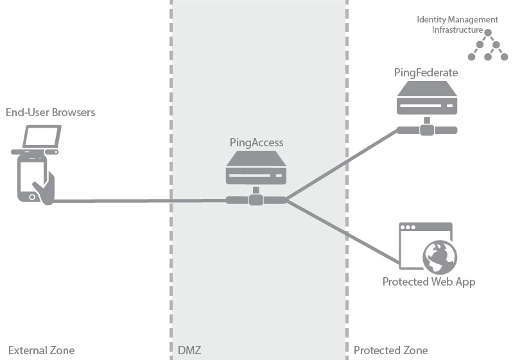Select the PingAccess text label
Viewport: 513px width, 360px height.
tap(256, 142)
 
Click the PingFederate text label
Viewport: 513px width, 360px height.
tap(426, 73)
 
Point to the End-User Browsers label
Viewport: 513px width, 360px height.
tap(50, 112)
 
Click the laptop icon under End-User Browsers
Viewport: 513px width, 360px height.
tap(41, 138)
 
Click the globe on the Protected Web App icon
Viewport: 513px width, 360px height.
tap(440, 257)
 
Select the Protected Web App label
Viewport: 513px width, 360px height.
tap(428, 282)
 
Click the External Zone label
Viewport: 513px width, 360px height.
tap(41, 350)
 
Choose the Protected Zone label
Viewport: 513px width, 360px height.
tap(390, 350)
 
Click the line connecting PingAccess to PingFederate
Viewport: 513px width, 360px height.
tap(340, 166)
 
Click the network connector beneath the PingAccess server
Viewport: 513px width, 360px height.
tap(256, 200)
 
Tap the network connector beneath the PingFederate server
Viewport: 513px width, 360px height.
tap(426, 130)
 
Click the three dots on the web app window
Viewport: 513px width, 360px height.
tap(408, 228)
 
